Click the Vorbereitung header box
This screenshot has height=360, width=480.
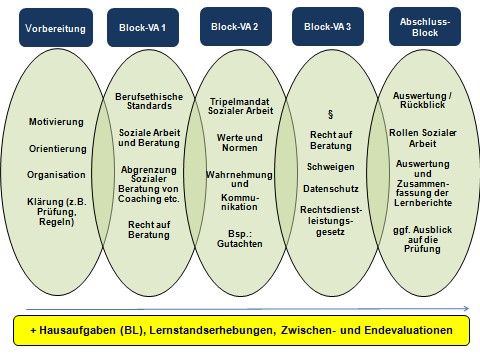[56, 28]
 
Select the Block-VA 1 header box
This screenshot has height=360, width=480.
[143, 28]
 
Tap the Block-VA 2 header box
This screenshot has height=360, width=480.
[236, 27]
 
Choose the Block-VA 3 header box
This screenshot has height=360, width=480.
[328, 27]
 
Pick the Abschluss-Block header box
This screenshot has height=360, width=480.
[425, 27]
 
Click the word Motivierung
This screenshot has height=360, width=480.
[56, 122]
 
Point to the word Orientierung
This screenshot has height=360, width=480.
[58, 149]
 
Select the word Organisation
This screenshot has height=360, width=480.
[56, 175]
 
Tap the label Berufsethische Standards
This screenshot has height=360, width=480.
[149, 101]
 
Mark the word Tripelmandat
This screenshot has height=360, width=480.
[239, 102]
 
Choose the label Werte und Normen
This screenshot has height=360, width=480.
[240, 143]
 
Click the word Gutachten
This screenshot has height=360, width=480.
[240, 244]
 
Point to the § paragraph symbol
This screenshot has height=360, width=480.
[330, 115]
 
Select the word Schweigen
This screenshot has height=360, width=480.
[331, 167]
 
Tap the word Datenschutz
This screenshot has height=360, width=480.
[331, 189]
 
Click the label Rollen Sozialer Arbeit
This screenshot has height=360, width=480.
[423, 138]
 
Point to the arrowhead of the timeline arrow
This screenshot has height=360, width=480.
[467, 309]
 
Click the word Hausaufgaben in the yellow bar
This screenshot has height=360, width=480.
[78, 330]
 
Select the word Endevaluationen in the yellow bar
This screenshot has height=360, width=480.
[409, 330]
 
